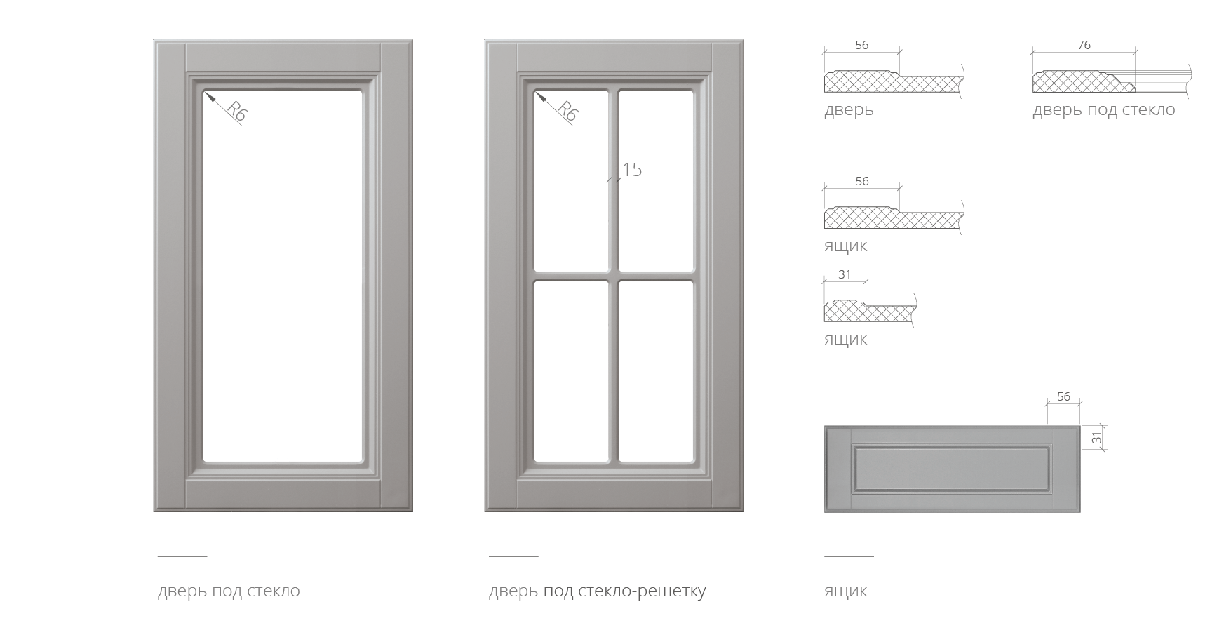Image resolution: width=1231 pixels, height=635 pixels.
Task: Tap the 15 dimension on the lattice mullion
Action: coord(632,169)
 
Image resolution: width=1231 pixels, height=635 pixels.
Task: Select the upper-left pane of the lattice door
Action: coord(571,180)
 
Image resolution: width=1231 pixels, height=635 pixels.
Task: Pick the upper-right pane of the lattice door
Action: coord(656,180)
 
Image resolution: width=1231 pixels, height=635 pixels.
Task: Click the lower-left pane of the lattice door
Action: coord(571,372)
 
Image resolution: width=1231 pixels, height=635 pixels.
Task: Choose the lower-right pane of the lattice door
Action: coord(656,372)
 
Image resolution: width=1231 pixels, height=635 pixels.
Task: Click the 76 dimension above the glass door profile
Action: coord(1084,45)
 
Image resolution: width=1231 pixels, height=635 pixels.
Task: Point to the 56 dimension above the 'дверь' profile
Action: coord(861,45)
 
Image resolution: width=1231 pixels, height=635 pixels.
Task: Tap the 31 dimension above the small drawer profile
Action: coord(845,274)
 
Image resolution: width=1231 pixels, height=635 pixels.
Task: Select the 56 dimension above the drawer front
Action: coord(1063,396)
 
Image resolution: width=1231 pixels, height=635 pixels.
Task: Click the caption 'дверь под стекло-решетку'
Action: coord(597,591)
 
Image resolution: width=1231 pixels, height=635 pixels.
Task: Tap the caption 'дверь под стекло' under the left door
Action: coord(229,591)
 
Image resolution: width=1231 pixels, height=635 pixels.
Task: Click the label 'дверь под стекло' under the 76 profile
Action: coord(1103,110)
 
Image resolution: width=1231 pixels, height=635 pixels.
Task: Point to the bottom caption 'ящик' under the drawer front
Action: coord(845,591)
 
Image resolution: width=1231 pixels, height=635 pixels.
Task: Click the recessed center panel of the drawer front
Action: coord(952,468)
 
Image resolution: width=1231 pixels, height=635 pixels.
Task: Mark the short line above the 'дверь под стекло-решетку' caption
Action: coord(513,556)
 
